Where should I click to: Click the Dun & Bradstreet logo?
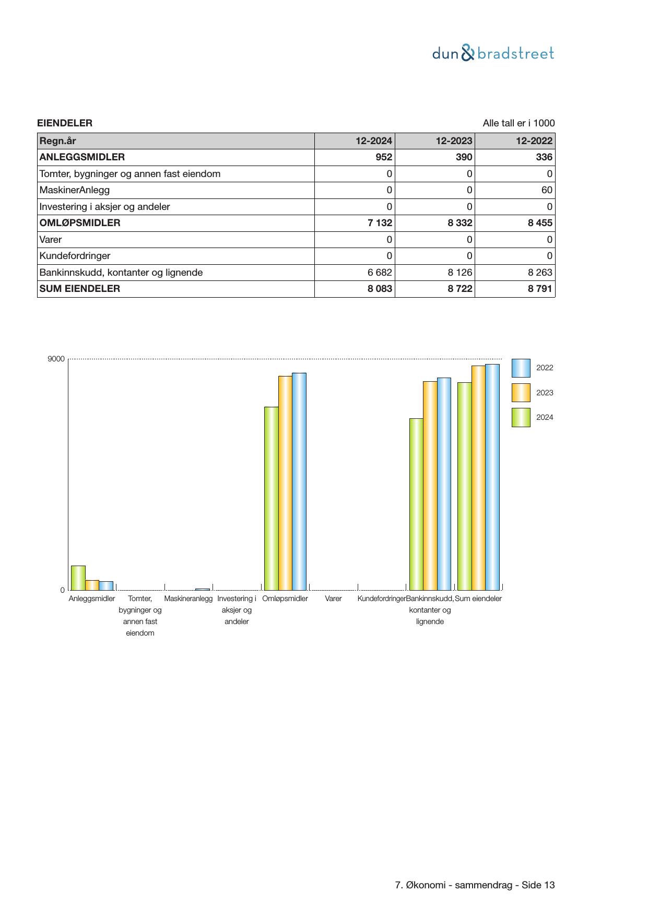(x=493, y=53)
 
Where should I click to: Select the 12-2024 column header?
(x=373, y=141)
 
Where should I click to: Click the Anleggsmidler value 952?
(x=384, y=157)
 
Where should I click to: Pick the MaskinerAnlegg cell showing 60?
(x=547, y=190)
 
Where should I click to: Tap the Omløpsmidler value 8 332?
(x=460, y=223)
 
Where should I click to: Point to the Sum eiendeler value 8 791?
(x=539, y=289)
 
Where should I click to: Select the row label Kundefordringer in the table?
(x=75, y=256)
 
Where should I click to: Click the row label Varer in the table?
(x=51, y=240)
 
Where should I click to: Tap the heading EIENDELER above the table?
(x=65, y=123)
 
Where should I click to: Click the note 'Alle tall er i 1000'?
(x=519, y=123)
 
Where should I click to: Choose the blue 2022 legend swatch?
(x=521, y=368)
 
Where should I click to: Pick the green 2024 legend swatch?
(x=521, y=418)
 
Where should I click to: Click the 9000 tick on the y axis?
(x=56, y=359)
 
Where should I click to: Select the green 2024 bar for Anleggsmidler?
(x=78, y=578)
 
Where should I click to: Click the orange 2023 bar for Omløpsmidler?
(x=285, y=483)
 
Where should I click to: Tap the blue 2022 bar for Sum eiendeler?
(x=492, y=477)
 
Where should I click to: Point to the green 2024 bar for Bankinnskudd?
(x=416, y=504)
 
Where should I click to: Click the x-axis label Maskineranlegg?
(x=188, y=599)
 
